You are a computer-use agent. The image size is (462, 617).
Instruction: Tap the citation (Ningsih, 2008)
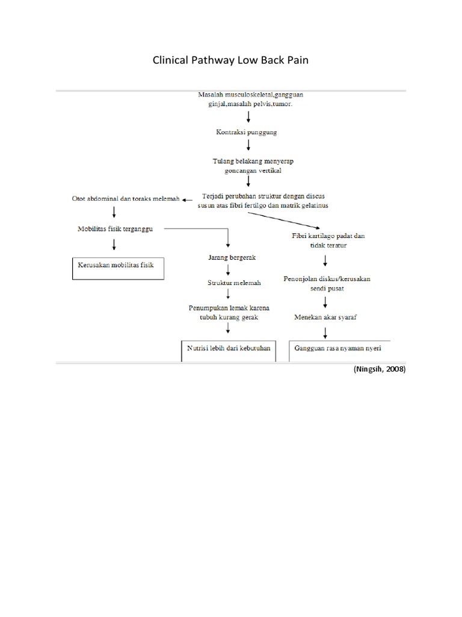pos(380,370)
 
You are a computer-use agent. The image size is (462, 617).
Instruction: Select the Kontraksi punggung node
pos(247,131)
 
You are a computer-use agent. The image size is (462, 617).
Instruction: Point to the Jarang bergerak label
pos(228,257)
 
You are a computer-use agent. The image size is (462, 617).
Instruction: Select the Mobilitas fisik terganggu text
pos(115,229)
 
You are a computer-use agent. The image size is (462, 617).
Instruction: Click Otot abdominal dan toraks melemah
pos(125,199)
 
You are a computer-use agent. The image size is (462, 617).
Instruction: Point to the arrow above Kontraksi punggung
pos(248,116)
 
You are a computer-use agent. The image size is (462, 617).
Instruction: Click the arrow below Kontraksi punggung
pos(248,145)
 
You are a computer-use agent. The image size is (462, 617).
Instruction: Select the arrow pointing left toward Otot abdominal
pos(188,199)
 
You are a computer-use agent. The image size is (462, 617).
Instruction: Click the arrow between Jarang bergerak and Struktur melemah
pos(228,270)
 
